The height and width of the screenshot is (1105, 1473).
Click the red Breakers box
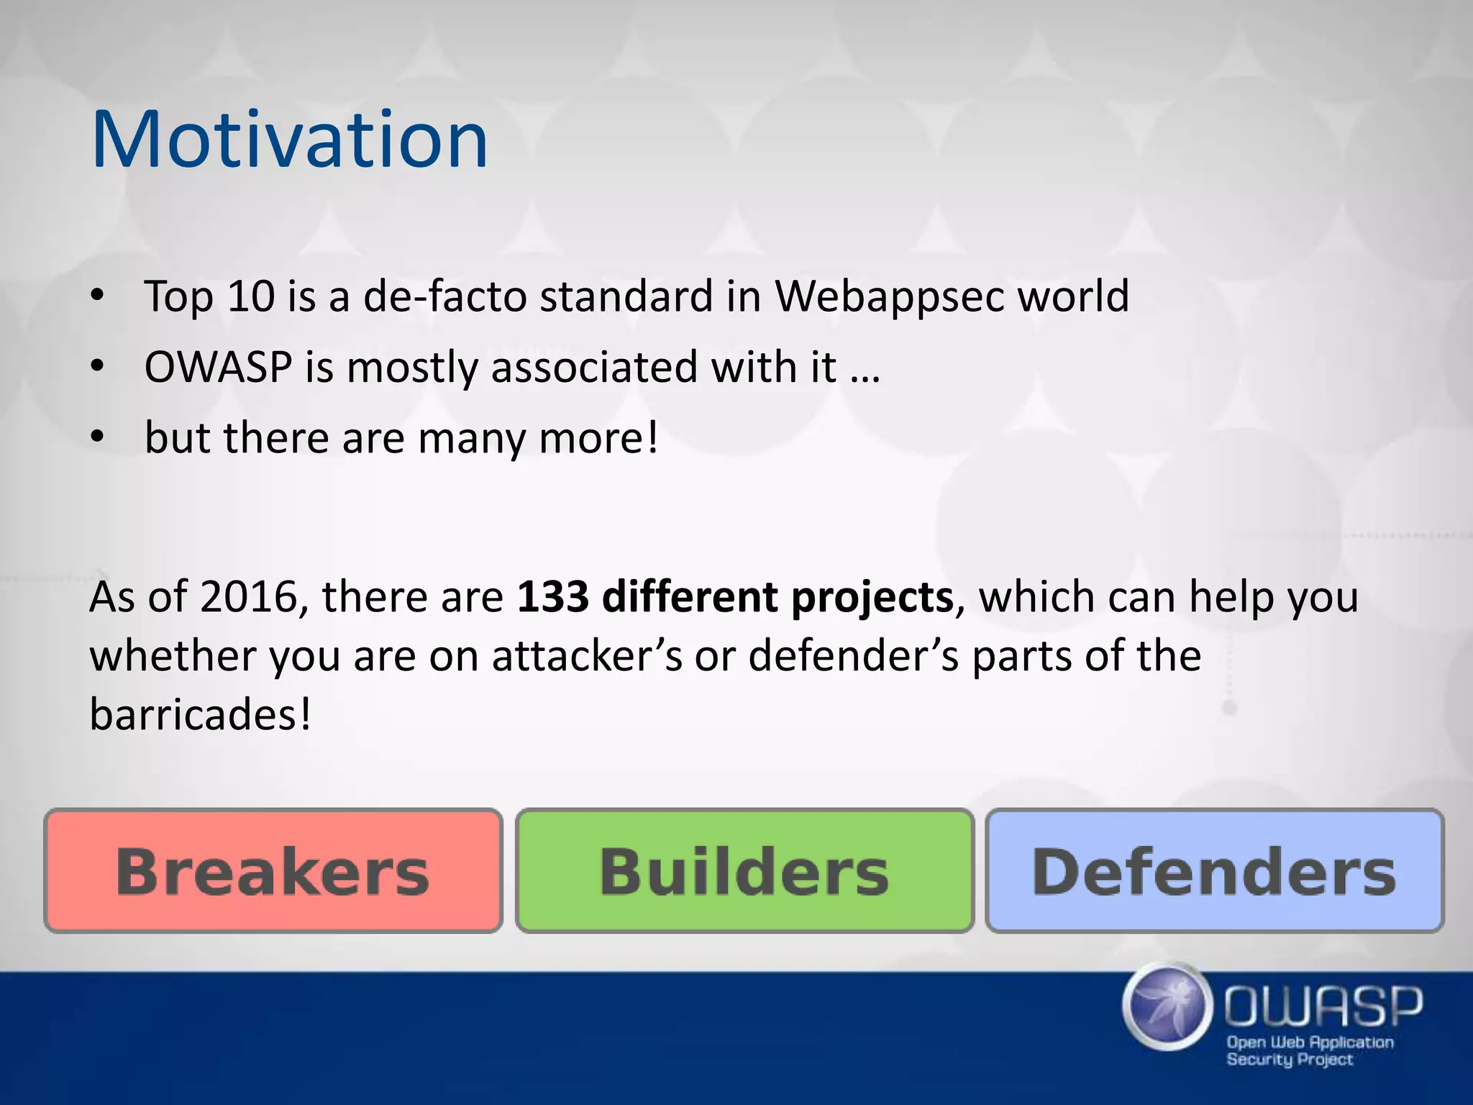pyautogui.click(x=273, y=871)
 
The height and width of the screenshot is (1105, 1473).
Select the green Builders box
pyautogui.click(x=744, y=871)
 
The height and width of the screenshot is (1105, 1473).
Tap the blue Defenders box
pyautogui.click(x=1214, y=871)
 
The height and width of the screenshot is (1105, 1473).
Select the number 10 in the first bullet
pyautogui.click(x=250, y=296)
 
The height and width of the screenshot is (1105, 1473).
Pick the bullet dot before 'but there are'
pyautogui.click(x=99, y=437)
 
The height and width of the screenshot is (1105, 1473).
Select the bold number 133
pyautogui.click(x=553, y=596)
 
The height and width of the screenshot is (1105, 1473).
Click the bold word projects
pyautogui.click(x=872, y=598)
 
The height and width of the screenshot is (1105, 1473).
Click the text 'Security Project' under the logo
pyautogui.click(x=1289, y=1060)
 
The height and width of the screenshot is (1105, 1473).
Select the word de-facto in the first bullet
pyautogui.click(x=445, y=296)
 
